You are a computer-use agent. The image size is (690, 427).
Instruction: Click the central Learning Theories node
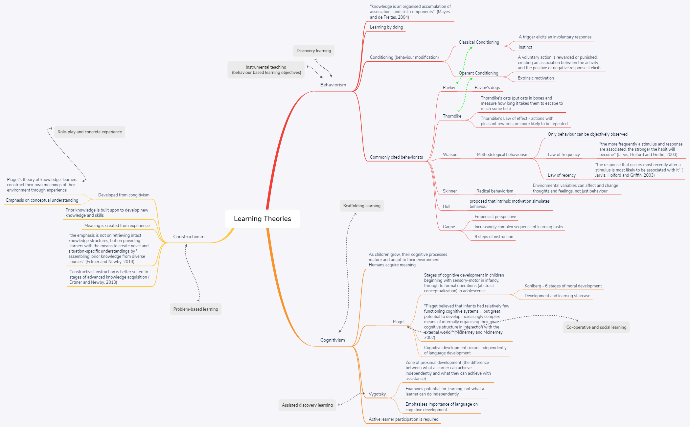click(x=262, y=219)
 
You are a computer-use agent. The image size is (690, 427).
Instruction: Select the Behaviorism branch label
click(x=333, y=85)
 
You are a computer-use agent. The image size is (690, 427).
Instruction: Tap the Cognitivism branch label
click(x=333, y=340)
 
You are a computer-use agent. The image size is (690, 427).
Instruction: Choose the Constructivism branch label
click(x=189, y=236)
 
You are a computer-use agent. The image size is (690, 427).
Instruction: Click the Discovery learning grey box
click(x=313, y=51)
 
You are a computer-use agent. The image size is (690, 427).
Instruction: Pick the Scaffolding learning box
click(x=361, y=206)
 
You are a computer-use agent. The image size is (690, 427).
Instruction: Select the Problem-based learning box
click(x=195, y=309)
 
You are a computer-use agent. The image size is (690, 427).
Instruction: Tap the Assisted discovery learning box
click(x=307, y=405)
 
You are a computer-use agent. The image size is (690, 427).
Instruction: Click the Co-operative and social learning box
click(x=596, y=327)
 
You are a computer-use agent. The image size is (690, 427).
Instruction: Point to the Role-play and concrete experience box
click(x=89, y=132)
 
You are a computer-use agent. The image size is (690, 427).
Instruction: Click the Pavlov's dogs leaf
click(x=487, y=87)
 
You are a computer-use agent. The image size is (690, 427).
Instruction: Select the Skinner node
click(x=449, y=191)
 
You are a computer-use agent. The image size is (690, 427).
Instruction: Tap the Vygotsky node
click(x=377, y=394)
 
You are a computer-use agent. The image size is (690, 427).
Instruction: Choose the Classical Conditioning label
click(x=479, y=42)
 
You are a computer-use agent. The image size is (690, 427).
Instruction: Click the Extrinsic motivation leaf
click(x=536, y=78)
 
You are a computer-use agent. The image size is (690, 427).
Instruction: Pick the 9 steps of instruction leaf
click(x=494, y=236)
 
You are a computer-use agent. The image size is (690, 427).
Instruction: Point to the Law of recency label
click(x=562, y=175)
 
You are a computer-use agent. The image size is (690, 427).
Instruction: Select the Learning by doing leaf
click(x=386, y=27)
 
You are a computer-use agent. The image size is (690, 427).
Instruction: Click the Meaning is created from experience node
click(x=117, y=225)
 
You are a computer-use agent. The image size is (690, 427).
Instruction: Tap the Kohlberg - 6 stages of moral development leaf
click(x=563, y=286)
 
